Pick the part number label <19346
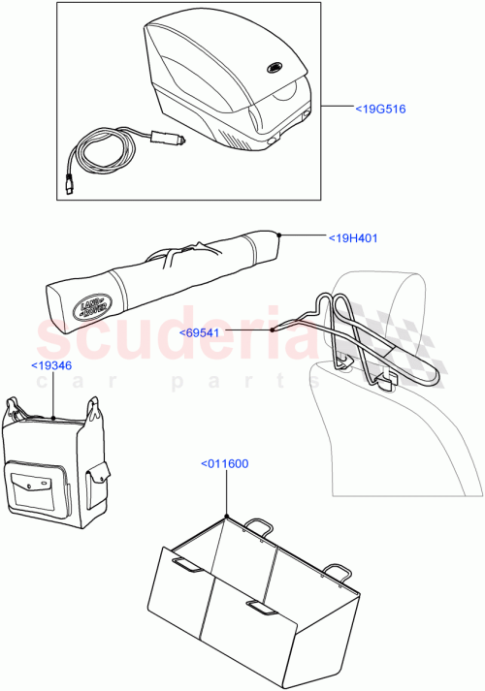(49, 365)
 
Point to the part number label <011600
(224, 463)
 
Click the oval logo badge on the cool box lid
(273, 68)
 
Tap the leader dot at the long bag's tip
(279, 235)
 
